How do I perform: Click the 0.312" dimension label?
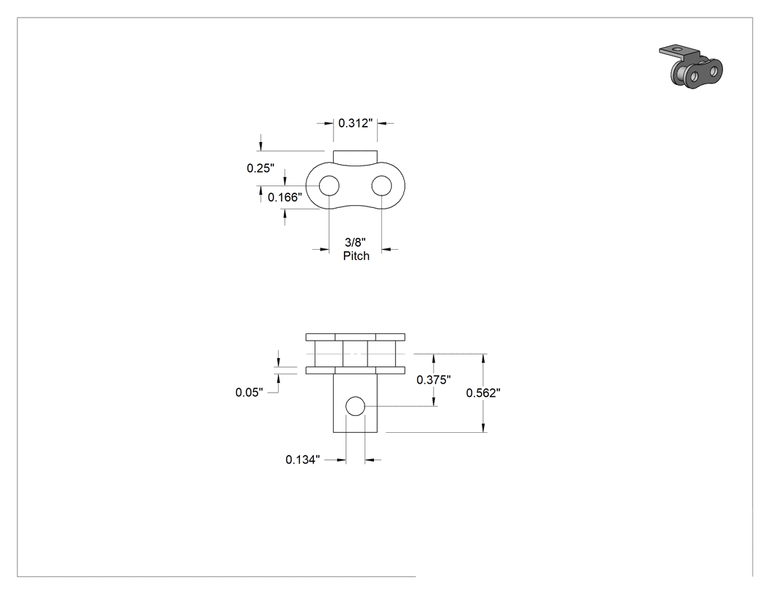click(356, 123)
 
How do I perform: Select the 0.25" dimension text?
click(260, 168)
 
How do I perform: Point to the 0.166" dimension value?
click(285, 197)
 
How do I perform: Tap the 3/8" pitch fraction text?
click(356, 242)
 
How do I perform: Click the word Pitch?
click(356, 256)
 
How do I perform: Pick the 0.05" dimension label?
click(249, 393)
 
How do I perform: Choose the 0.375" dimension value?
click(433, 379)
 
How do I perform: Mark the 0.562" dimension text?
click(483, 393)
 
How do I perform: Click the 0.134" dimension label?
click(302, 460)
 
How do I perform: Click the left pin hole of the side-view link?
click(329, 186)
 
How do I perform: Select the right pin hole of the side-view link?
click(381, 186)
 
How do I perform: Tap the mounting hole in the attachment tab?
click(355, 406)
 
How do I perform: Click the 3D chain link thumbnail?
click(691, 67)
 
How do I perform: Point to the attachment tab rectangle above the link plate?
click(355, 157)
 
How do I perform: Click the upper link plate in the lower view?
click(356, 337)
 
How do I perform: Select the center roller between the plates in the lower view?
click(355, 354)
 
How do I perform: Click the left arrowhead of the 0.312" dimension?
click(329, 123)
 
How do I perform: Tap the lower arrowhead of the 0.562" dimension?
click(484, 427)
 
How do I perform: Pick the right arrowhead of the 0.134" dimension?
click(370, 460)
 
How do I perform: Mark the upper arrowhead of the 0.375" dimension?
click(433, 359)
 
